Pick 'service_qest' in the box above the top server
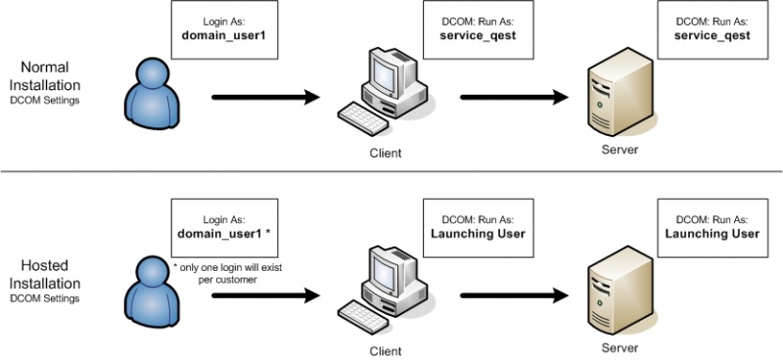pyautogui.click(x=712, y=36)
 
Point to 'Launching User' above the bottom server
pyautogui.click(x=712, y=234)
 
